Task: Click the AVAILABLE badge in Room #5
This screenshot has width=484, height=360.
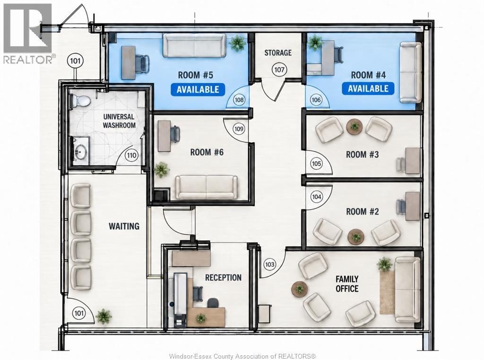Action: (x=198, y=89)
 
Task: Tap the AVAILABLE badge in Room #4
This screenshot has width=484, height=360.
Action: (x=368, y=88)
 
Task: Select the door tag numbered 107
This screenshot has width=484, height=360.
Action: (x=279, y=69)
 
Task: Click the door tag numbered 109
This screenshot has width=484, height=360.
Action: (x=239, y=129)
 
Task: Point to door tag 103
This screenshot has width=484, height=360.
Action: (x=269, y=265)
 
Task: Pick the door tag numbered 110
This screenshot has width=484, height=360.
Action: (x=131, y=155)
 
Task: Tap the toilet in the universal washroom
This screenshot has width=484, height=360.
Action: (x=80, y=101)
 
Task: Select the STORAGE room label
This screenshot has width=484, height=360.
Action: (x=278, y=53)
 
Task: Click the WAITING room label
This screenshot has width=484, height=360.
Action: (x=124, y=226)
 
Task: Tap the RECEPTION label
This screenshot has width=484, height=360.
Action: (x=223, y=278)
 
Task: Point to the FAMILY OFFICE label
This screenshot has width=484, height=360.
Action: (x=347, y=284)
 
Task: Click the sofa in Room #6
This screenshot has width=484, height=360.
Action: (x=206, y=187)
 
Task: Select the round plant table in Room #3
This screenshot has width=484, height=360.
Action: (x=354, y=126)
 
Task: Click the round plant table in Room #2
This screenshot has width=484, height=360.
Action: (x=356, y=237)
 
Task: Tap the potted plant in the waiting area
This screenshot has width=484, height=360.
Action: (x=104, y=317)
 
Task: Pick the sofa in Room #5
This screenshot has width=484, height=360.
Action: (x=194, y=45)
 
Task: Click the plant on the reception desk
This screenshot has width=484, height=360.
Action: (x=201, y=318)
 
